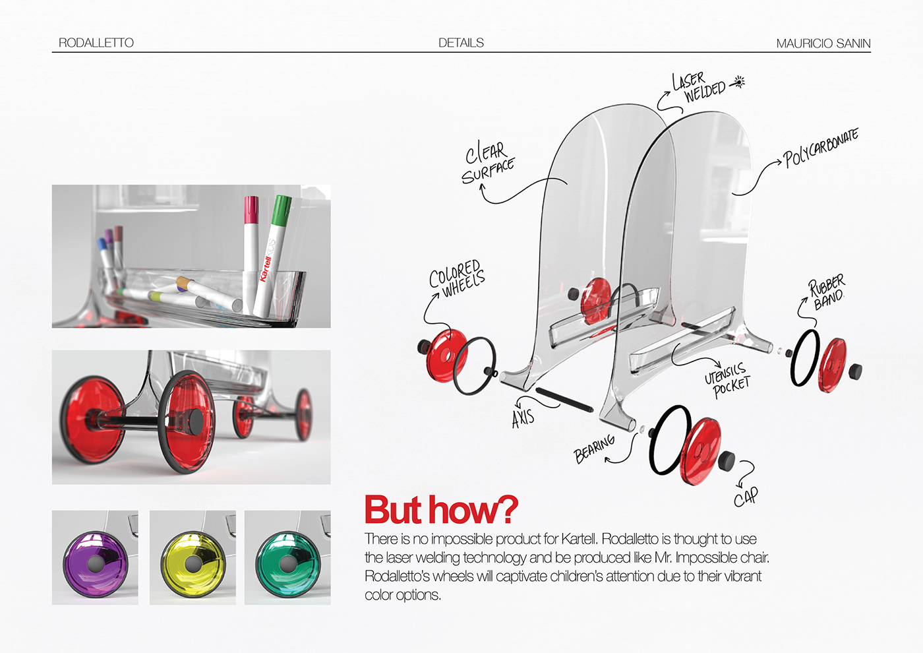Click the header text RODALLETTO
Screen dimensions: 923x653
[x=96, y=43]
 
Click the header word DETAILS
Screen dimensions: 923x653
[x=461, y=43]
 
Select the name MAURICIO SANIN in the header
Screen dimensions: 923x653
[x=823, y=44]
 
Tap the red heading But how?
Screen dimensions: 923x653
[x=441, y=510]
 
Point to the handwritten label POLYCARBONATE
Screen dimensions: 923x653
[x=821, y=148]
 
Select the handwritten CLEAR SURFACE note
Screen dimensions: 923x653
[x=488, y=162]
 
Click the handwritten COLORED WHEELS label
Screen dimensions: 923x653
[x=457, y=278]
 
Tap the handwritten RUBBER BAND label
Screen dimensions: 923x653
[x=827, y=292]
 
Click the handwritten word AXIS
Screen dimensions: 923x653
[x=523, y=417]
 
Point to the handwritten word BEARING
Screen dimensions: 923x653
[x=594, y=449]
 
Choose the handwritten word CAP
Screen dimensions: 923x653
[x=746, y=497]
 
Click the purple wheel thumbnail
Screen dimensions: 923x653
[x=95, y=558]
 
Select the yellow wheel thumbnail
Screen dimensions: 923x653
[x=193, y=558]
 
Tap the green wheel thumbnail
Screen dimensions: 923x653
[x=287, y=558]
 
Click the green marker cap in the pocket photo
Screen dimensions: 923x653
[x=282, y=210]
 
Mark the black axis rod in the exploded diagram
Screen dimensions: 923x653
[x=564, y=400]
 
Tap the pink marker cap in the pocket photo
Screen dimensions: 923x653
[x=251, y=209]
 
